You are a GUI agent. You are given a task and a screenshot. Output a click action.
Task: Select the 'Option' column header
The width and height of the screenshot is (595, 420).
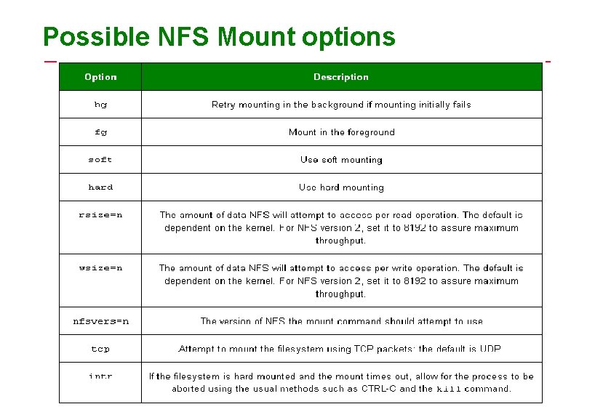pyautogui.click(x=100, y=77)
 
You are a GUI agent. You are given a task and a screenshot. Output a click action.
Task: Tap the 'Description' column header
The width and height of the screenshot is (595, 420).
pyautogui.click(x=340, y=77)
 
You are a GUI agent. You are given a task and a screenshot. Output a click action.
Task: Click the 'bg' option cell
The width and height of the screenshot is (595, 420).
pyautogui.click(x=100, y=105)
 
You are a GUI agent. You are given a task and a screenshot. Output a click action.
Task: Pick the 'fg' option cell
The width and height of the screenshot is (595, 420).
pyautogui.click(x=100, y=132)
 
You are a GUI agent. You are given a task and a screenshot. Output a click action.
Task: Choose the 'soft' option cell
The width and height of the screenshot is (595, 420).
pyautogui.click(x=100, y=160)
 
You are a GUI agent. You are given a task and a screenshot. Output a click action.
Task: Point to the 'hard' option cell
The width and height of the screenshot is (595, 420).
pyautogui.click(x=100, y=187)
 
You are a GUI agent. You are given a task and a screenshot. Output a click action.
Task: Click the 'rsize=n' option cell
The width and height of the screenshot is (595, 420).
pyautogui.click(x=100, y=215)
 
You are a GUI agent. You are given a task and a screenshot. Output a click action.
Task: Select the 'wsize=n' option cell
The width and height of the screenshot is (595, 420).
pyautogui.click(x=100, y=268)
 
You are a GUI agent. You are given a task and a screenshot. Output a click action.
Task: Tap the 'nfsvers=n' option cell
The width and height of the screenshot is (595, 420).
pyautogui.click(x=100, y=321)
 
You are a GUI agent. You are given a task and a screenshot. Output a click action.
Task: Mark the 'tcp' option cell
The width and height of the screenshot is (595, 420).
pyautogui.click(x=100, y=349)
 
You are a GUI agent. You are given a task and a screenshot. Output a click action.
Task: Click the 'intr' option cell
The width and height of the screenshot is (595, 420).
pyautogui.click(x=100, y=376)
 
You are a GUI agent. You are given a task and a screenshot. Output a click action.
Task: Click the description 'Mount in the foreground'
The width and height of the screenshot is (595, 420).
pyautogui.click(x=341, y=132)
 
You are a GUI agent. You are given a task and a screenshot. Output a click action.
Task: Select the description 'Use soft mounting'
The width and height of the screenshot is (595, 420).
pyautogui.click(x=341, y=160)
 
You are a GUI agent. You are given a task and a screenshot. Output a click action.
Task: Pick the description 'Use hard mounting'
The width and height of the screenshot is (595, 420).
pyautogui.click(x=341, y=187)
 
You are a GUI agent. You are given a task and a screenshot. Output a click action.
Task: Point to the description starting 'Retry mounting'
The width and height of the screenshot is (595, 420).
pyautogui.click(x=341, y=105)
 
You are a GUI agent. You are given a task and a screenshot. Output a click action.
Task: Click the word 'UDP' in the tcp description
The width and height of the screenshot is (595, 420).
pyautogui.click(x=490, y=349)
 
